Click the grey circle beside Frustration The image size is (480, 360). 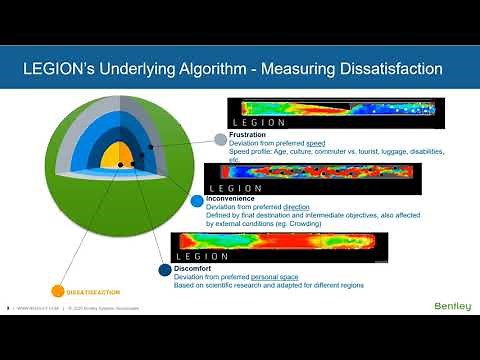[x=221, y=139]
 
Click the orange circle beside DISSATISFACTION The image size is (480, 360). [x=57, y=292]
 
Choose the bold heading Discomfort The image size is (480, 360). [x=196, y=268]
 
